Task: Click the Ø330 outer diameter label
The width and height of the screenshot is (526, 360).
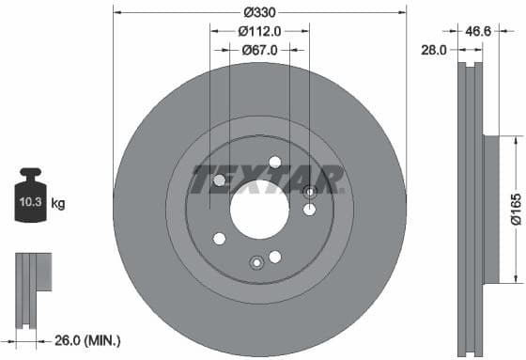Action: [258, 12]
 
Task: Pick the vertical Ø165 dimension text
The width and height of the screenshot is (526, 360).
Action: [516, 209]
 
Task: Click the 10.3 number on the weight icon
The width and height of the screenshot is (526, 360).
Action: [28, 202]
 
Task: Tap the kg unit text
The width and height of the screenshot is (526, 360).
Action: [57, 202]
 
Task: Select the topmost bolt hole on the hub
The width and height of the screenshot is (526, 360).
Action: [275, 162]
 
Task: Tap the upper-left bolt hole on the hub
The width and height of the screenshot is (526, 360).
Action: [220, 180]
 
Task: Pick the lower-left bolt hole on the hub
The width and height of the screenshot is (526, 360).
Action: [220, 238]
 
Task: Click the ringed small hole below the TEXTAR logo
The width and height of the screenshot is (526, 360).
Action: [310, 192]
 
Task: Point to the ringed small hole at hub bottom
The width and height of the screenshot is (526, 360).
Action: [255, 262]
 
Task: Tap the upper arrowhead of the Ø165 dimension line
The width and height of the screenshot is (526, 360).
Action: [515, 138]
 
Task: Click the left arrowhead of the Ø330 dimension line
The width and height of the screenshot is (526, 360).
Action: [116, 12]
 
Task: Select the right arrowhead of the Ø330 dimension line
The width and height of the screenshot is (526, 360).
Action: [404, 12]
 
